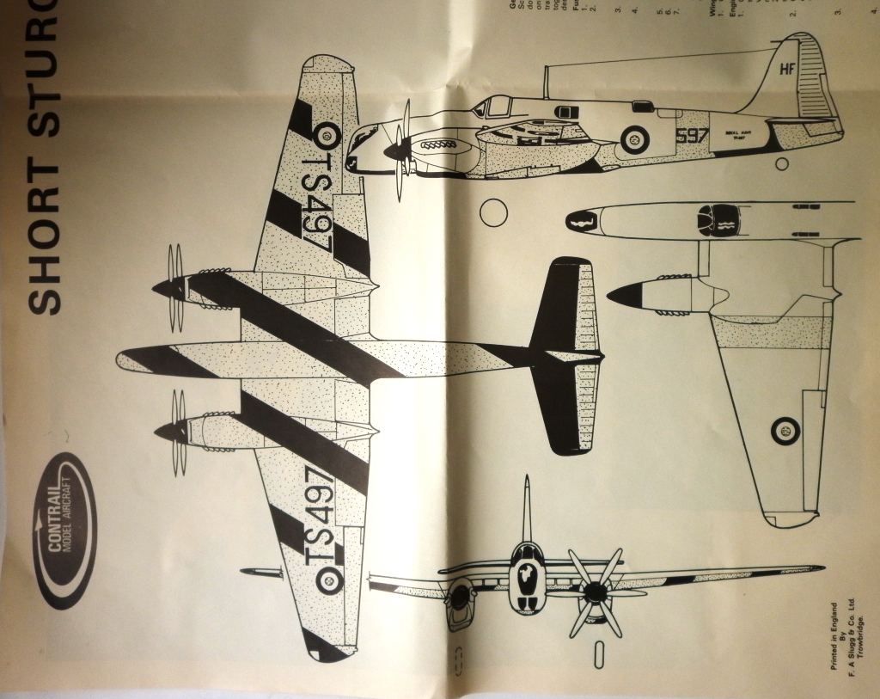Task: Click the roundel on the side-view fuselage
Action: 635,138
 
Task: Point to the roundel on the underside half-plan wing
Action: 785,430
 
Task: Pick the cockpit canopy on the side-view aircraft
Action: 495,107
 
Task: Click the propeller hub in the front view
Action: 593,591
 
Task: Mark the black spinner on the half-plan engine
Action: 626,294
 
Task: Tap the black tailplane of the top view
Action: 563,356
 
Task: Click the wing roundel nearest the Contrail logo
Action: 328,581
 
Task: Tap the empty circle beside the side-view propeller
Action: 493,212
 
